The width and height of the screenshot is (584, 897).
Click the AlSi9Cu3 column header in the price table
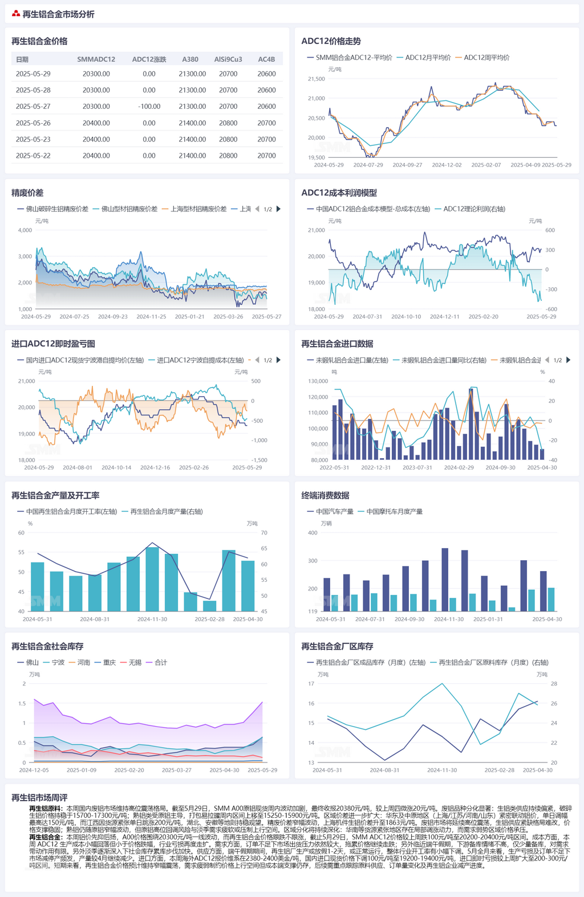(x=228, y=59)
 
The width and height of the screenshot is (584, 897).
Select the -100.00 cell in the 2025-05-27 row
(x=149, y=107)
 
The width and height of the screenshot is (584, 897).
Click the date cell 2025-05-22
(x=33, y=156)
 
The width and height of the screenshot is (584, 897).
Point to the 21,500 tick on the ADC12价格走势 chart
(x=317, y=79)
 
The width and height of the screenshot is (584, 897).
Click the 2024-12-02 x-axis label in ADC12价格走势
(x=447, y=165)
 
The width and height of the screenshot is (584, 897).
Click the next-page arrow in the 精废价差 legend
(x=278, y=209)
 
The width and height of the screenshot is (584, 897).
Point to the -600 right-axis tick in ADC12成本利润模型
(x=551, y=309)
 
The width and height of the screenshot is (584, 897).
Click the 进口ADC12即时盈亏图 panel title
(x=53, y=344)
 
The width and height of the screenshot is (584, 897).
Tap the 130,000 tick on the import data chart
(x=318, y=381)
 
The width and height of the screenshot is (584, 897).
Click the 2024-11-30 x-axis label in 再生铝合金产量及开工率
(x=152, y=619)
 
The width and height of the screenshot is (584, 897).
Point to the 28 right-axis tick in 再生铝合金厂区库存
(x=554, y=684)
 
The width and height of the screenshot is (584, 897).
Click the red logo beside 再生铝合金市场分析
(x=16, y=14)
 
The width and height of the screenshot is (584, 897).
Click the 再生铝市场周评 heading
(x=39, y=798)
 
